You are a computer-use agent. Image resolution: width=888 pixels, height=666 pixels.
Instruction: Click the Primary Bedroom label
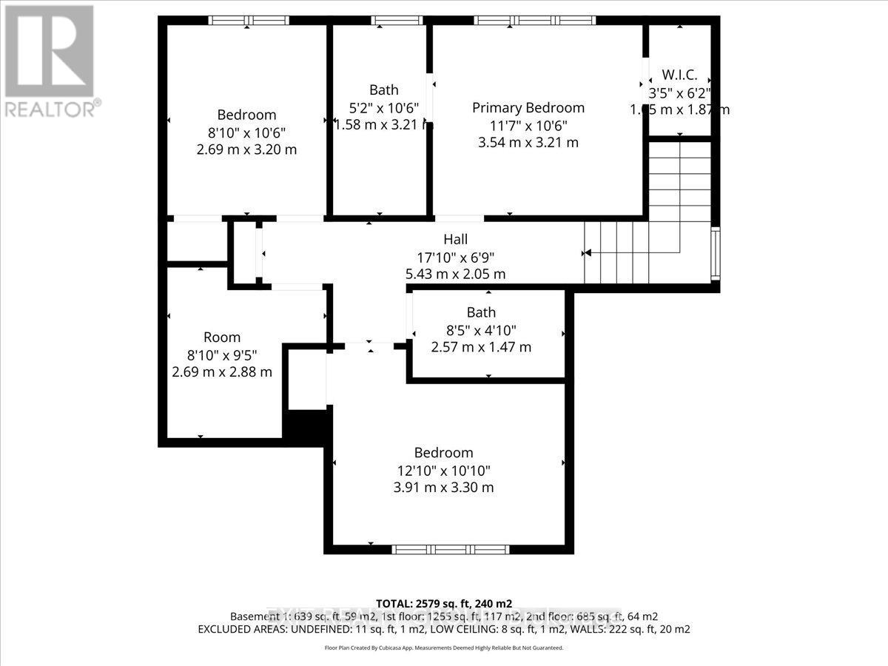(528, 107)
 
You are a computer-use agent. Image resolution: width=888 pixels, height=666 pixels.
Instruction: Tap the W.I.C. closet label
(679, 75)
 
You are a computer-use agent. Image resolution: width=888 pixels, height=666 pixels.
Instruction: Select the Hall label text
(455, 239)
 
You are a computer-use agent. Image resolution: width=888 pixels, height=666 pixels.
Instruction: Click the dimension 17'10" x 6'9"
(455, 257)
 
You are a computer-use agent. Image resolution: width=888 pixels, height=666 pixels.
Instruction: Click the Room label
(222, 337)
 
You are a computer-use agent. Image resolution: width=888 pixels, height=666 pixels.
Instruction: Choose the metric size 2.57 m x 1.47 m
(481, 347)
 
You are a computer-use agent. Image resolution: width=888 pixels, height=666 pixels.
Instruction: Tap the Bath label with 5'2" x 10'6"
(383, 90)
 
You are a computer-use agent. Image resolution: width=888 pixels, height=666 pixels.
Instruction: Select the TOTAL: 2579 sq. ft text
(444, 603)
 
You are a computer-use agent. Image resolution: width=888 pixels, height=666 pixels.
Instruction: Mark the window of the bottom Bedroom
(450, 549)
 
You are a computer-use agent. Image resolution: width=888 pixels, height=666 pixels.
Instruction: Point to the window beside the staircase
(715, 253)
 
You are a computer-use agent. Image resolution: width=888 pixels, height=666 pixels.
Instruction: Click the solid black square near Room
(305, 428)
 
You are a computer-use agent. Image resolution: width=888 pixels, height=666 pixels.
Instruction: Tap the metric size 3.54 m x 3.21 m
(528, 142)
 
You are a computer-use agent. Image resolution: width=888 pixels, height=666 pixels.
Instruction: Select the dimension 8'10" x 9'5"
(222, 354)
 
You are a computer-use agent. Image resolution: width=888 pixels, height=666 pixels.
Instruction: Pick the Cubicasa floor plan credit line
(444, 647)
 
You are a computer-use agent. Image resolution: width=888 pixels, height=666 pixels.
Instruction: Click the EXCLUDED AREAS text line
(444, 629)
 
